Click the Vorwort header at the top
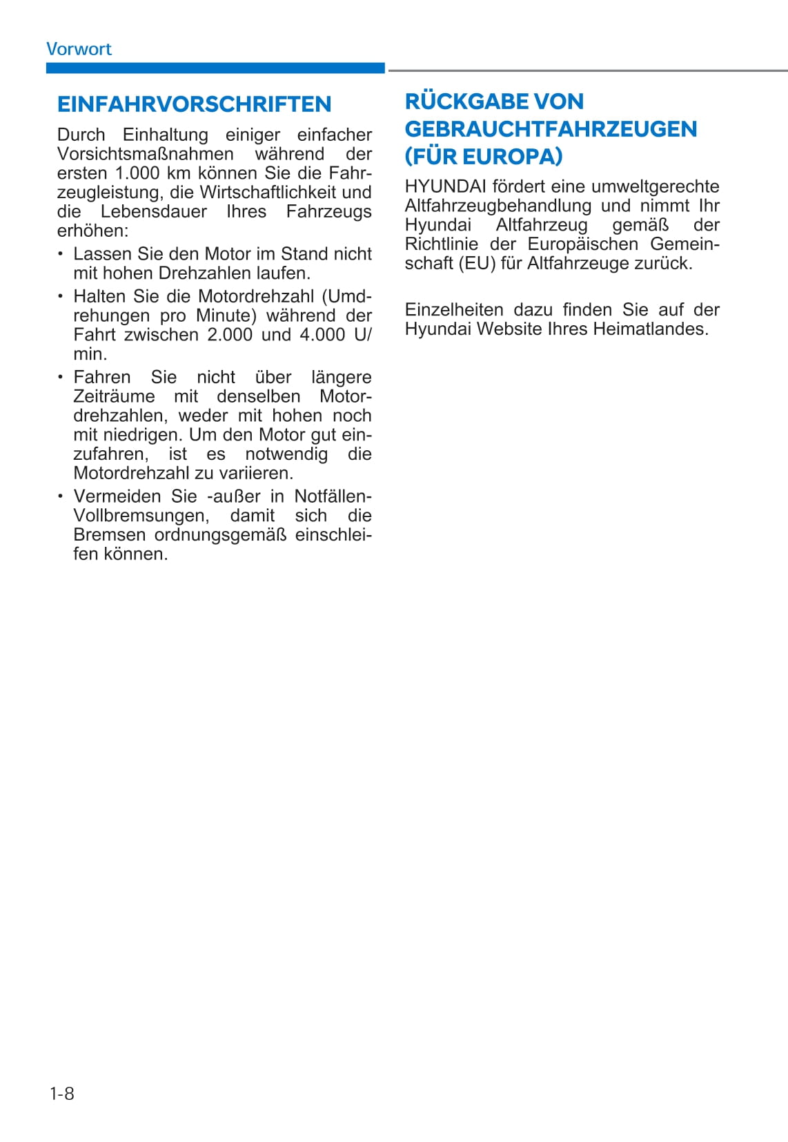[x=79, y=49]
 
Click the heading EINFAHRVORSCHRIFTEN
[x=194, y=104]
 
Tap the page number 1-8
[x=62, y=1094]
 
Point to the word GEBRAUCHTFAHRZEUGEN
[x=551, y=129]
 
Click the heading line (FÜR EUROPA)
[x=484, y=157]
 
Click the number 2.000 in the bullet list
[x=230, y=335]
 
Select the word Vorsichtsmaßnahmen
[x=146, y=154]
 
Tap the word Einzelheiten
[x=454, y=310]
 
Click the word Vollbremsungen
[x=141, y=516]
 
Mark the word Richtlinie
[x=442, y=244]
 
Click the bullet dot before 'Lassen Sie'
[x=61, y=253]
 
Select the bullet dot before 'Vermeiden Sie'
[x=61, y=496]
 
